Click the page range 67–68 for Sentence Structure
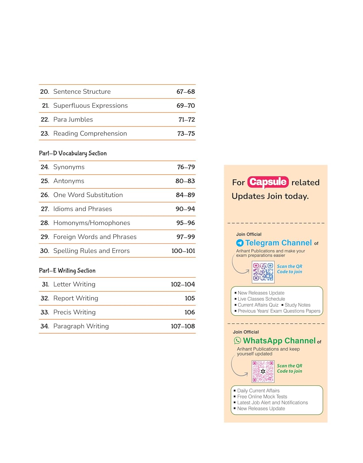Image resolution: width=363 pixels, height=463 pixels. pos(186,92)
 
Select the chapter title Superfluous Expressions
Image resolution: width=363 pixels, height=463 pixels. pos(90,106)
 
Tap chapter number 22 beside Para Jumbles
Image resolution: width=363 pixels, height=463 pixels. pos(45,120)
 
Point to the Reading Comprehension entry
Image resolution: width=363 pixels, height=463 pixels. pos(90,134)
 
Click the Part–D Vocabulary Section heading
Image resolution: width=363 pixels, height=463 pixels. pos(73,153)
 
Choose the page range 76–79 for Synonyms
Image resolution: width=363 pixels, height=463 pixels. pos(186,167)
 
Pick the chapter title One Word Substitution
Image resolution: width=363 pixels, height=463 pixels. pos(88,195)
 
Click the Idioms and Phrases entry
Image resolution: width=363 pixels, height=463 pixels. pos(83,209)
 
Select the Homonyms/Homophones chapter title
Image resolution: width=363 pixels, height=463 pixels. pos(92,223)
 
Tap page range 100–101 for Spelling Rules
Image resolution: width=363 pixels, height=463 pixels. pos(183,251)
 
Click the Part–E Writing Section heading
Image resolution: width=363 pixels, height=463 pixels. pos(67,271)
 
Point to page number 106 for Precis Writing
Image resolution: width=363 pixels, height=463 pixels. pos(190,312)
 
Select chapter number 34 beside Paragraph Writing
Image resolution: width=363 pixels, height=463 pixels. pos(45,326)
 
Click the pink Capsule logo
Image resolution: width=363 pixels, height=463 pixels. pos(268,182)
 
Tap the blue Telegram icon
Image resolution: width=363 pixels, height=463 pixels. pos(240,243)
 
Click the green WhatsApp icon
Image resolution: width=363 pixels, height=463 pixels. pos(237,340)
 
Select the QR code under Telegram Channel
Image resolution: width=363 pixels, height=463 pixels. pos(263,272)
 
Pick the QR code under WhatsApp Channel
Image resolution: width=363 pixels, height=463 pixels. pos(263,371)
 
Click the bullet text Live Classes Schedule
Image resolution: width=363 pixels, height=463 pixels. pos(261,299)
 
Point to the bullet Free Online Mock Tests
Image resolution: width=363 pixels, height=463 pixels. pos(262,397)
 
